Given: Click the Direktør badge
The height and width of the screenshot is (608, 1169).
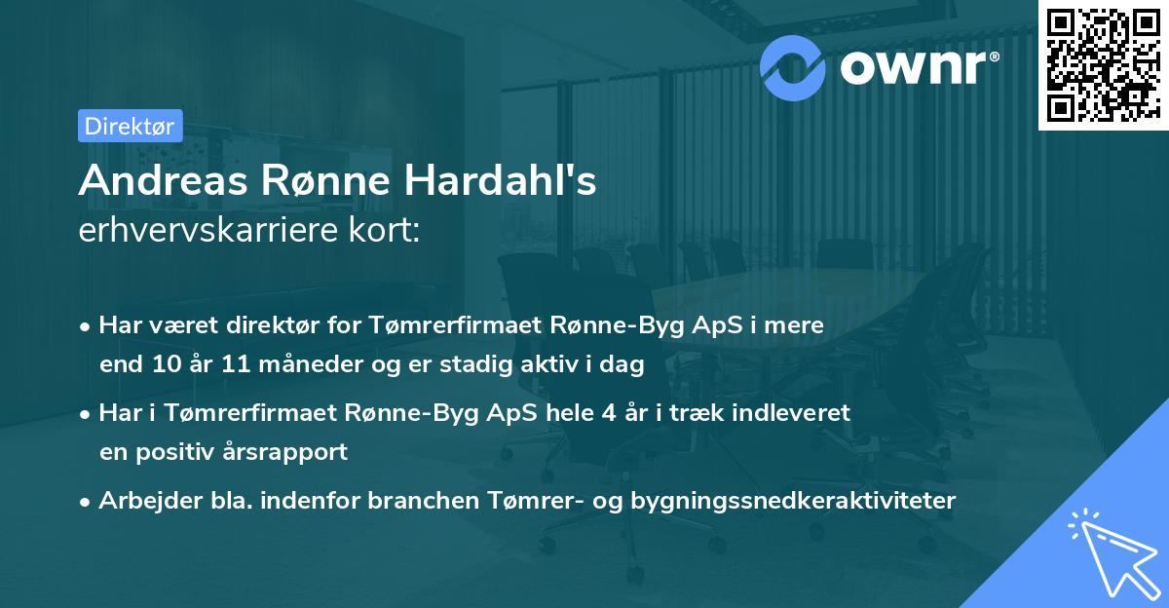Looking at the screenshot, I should (130, 126).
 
